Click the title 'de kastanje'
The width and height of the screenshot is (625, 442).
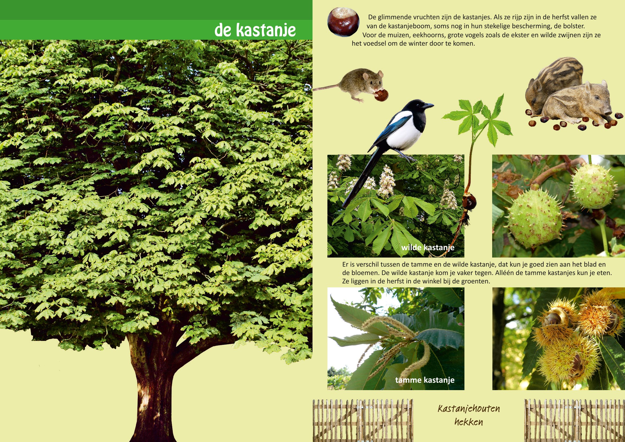coord(255,30)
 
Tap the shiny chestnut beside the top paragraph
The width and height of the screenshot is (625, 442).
coord(343,22)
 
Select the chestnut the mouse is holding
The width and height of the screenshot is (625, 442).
coord(381,95)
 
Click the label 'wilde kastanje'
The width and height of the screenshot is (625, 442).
coord(428,247)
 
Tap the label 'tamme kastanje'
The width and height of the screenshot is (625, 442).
coord(425,380)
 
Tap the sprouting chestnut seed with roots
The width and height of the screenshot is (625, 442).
coord(469,201)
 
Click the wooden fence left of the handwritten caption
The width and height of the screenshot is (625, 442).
coord(363,421)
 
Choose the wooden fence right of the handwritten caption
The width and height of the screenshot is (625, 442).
coord(575,421)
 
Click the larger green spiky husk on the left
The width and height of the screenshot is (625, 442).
coord(535,218)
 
